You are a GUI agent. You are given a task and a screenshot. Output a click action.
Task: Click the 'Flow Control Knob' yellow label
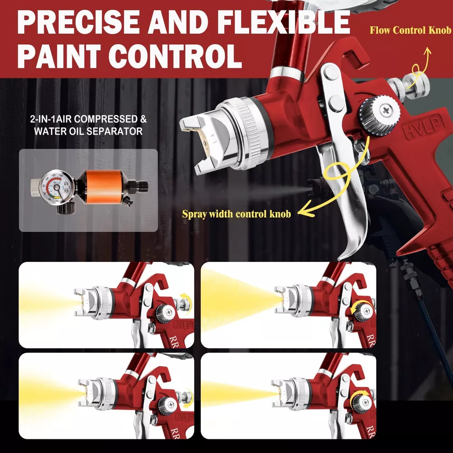(410, 30)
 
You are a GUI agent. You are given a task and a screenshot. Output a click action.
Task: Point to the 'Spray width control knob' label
(236, 214)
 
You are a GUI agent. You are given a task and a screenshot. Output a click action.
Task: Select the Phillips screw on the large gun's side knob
(386, 110)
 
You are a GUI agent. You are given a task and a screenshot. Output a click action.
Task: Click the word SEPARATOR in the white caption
(115, 131)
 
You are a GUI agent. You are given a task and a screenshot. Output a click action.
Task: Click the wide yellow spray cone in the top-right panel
(240, 299)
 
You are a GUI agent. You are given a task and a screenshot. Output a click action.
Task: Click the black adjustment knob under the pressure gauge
(66, 208)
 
